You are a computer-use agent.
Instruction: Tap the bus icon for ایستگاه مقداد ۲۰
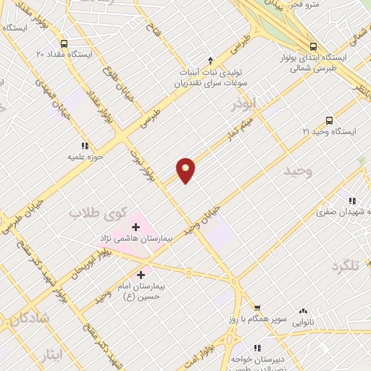65,43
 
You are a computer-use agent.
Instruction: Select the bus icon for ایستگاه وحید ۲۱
330,120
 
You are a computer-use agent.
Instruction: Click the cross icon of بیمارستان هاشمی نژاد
136,227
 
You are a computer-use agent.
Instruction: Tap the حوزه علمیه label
86,156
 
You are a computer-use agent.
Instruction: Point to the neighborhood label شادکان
30,317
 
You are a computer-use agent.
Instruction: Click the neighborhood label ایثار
50,355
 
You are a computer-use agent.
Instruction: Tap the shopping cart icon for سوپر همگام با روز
257,308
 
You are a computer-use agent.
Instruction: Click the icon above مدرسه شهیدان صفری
351,201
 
